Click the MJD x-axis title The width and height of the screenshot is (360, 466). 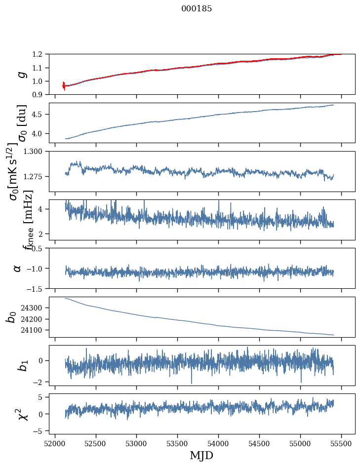click(x=201, y=456)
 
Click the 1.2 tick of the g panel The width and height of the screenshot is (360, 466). click(x=41, y=54)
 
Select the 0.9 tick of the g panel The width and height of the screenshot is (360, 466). click(x=41, y=94)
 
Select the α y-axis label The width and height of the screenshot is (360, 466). click(x=17, y=268)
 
